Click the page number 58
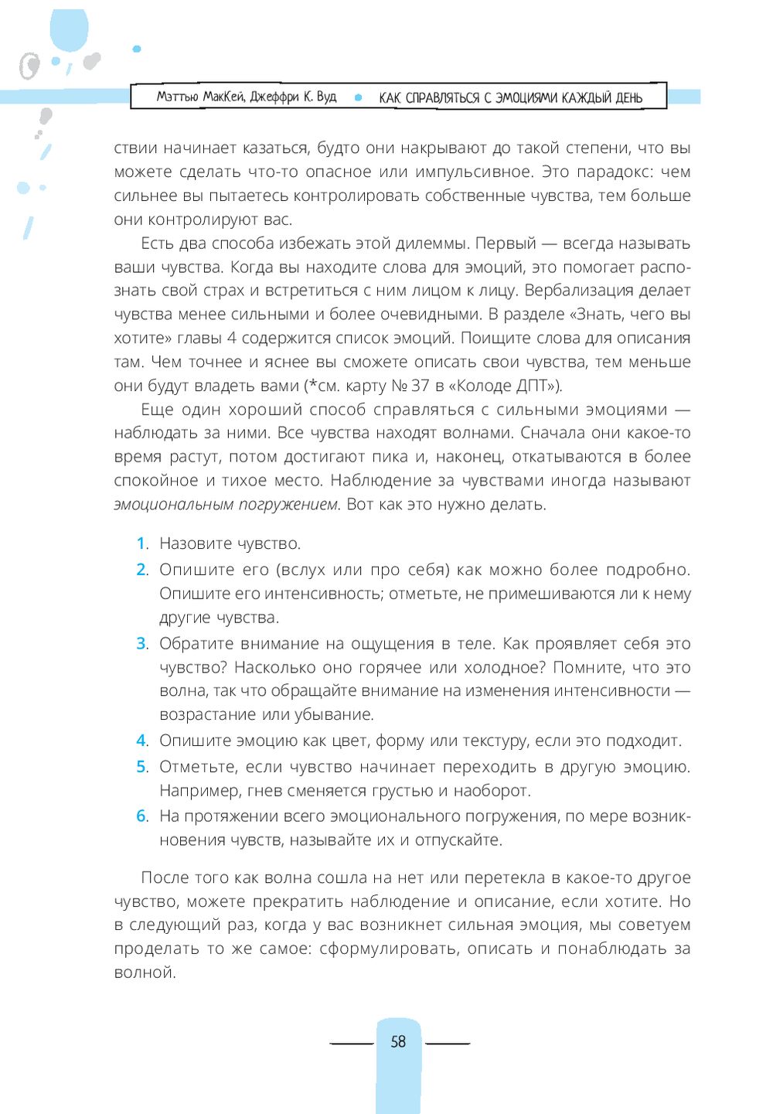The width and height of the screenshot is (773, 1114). coord(398,1041)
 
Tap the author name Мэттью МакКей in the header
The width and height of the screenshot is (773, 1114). coord(200,97)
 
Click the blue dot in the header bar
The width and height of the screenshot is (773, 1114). coord(358,97)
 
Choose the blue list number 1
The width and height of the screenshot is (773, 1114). coord(141,543)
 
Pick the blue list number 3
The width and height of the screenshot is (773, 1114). coord(141,643)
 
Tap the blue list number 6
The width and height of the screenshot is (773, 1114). coord(141,816)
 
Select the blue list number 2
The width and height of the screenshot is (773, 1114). coord(141,570)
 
